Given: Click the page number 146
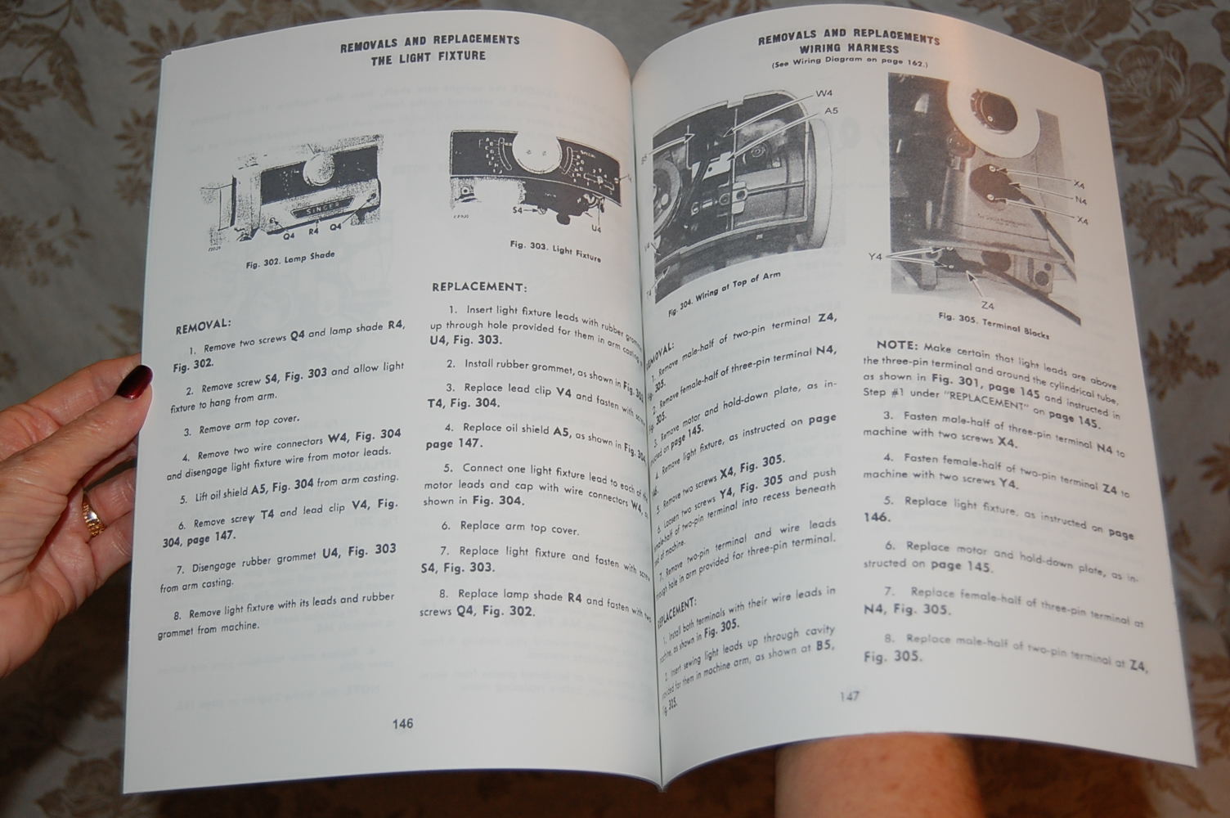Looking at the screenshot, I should pyautogui.click(x=402, y=723).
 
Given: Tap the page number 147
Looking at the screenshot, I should pyautogui.click(x=849, y=697).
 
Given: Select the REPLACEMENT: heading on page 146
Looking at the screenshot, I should pyautogui.click(x=478, y=287).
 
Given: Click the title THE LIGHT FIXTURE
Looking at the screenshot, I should pyautogui.click(x=428, y=56).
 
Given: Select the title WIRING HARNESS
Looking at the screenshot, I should pyautogui.click(x=850, y=50).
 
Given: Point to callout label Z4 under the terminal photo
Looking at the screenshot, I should pyautogui.click(x=987, y=304).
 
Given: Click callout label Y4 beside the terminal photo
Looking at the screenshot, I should pyautogui.click(x=875, y=256).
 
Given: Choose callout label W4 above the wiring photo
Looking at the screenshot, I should pyautogui.click(x=824, y=95).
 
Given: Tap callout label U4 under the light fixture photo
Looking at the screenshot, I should pyautogui.click(x=595, y=228).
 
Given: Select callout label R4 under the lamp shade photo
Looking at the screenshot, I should pyautogui.click(x=314, y=231).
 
